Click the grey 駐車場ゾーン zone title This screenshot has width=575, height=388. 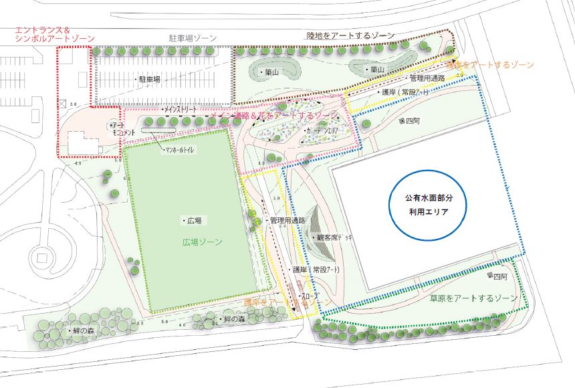pos(193,39)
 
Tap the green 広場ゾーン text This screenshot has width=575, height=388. pos(203,241)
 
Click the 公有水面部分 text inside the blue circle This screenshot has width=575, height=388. pos(429,199)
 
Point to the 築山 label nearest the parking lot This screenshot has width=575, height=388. pos(271,72)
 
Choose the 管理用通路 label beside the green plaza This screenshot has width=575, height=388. pos(287,220)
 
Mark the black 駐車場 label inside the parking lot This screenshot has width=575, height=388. pos(150,79)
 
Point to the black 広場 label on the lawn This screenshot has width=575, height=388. pos(194,220)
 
